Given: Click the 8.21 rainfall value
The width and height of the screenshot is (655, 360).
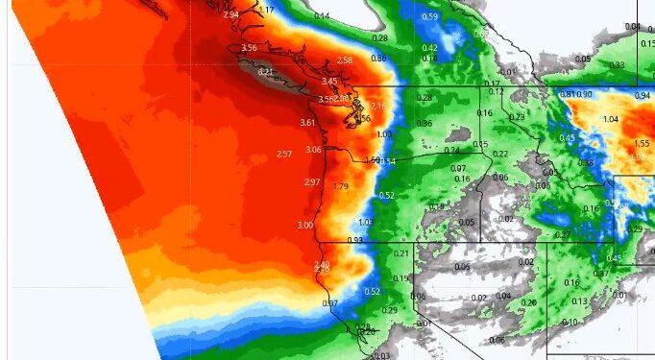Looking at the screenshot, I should click(266, 71).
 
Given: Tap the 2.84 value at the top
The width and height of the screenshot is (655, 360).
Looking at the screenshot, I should click(230, 15).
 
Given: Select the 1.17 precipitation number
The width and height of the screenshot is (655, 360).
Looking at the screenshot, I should click(266, 10).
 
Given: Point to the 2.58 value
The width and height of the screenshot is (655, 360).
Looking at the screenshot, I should click(345, 60).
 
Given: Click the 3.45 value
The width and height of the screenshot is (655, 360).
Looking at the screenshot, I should click(329, 82).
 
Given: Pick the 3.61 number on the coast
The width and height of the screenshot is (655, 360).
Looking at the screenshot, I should click(307, 123).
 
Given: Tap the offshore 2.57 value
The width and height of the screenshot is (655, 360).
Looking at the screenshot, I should click(283, 155).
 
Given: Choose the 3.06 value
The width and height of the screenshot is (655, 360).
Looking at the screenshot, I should click(313, 150).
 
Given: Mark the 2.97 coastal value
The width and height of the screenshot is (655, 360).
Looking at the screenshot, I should click(311, 182).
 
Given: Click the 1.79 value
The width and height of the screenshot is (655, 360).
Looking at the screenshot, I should click(340, 186).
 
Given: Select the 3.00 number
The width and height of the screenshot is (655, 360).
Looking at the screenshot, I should click(304, 225).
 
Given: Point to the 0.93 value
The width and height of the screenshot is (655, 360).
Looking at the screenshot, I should click(354, 240).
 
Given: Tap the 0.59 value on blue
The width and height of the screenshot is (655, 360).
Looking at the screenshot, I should click(430, 17).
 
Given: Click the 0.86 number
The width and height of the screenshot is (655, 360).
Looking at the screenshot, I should click(377, 60).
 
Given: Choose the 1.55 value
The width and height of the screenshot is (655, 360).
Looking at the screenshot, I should click(642, 142).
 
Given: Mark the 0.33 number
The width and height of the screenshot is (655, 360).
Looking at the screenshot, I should click(616, 65).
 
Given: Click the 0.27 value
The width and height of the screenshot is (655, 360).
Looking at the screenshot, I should click(562, 235).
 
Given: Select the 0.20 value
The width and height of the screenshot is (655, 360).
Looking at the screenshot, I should click(528, 302).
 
